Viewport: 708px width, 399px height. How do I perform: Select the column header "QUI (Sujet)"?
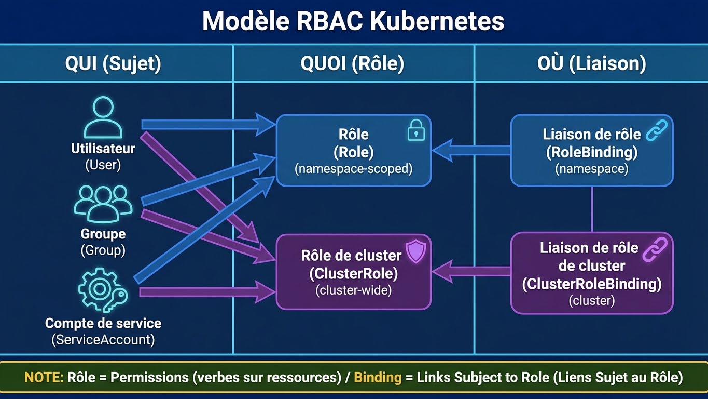coord(113,63)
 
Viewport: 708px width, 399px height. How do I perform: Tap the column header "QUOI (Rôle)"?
coord(352,63)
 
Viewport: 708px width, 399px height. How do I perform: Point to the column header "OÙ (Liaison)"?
coord(591,63)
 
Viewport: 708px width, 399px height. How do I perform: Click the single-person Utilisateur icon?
coord(103,118)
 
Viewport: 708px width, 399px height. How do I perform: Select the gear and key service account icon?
coord(102,288)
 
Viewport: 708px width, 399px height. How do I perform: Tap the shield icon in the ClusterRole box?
coord(415,251)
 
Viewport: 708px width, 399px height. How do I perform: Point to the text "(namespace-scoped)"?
coord(353,169)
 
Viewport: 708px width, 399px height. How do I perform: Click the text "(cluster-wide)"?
coord(353,290)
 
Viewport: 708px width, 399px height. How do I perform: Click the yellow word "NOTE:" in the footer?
coord(44,377)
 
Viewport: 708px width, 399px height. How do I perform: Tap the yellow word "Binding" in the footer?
coord(377,377)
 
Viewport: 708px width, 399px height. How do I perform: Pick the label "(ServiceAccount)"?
coord(103,340)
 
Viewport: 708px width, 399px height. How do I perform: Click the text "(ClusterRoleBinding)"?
coord(591,284)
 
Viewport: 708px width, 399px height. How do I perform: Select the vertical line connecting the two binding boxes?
coord(592,209)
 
